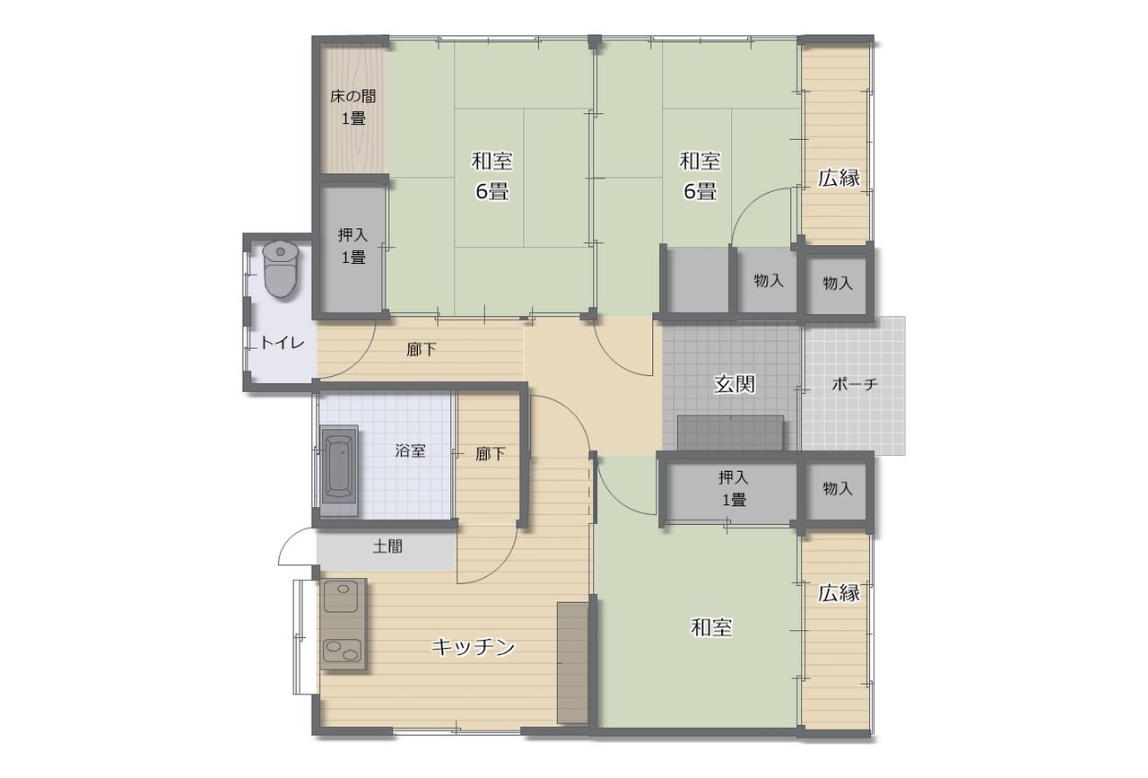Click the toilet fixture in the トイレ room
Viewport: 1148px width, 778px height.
[x=280, y=270]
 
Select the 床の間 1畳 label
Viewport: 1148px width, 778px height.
[x=353, y=107]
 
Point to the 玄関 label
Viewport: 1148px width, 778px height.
[x=735, y=383]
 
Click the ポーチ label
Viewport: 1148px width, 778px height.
[x=855, y=383]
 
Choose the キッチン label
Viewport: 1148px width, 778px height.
[x=473, y=647]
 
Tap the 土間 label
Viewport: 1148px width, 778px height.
[x=387, y=546]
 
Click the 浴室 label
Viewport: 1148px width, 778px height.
[x=411, y=450]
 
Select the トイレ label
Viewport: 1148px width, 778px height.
[x=283, y=343]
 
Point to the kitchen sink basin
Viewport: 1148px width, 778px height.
[x=341, y=596]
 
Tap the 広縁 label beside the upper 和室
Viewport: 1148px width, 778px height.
[x=839, y=178]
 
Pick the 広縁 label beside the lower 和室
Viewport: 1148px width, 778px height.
[x=839, y=593]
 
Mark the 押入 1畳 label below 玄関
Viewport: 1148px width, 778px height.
[x=734, y=489]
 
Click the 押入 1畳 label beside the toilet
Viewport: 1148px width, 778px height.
[x=353, y=246]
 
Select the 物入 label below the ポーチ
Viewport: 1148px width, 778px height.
[x=838, y=488]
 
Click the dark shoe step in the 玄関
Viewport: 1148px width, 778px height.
[x=730, y=433]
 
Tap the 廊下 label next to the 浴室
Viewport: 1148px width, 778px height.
[x=491, y=453]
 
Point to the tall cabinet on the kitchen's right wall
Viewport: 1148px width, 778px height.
[x=572, y=662]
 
